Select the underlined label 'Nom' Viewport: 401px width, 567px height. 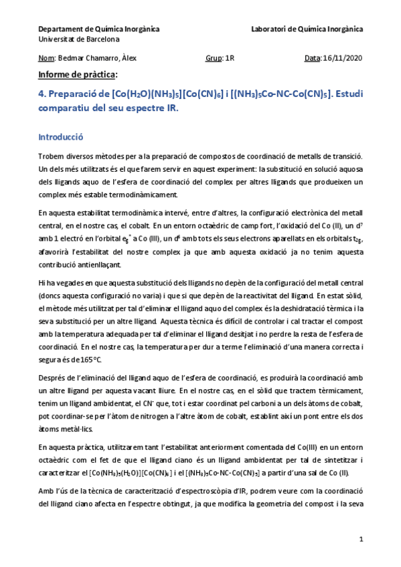[x=46, y=58]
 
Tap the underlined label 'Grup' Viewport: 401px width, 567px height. [x=214, y=58]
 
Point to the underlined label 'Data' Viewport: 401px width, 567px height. [x=312, y=58]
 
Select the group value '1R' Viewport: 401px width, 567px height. [x=230, y=58]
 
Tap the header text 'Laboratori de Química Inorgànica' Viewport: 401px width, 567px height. [x=307, y=29]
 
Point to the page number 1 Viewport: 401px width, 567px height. [x=361, y=538]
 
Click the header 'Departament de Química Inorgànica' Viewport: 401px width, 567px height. [x=98, y=29]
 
